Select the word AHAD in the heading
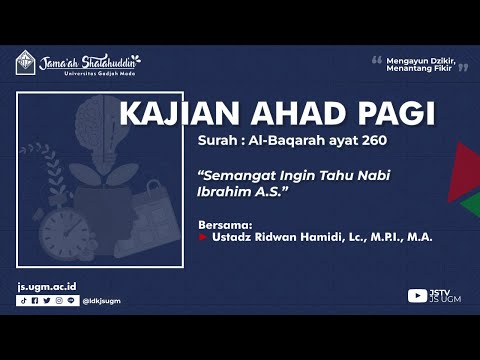pos(286,114)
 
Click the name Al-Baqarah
pos(286,139)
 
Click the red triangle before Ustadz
pos(202,238)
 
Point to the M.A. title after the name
pos(407,238)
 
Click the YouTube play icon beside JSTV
pos(417,296)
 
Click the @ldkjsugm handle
pos(102,300)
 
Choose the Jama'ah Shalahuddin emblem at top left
pos(26,62)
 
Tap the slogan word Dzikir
pos(439,60)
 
